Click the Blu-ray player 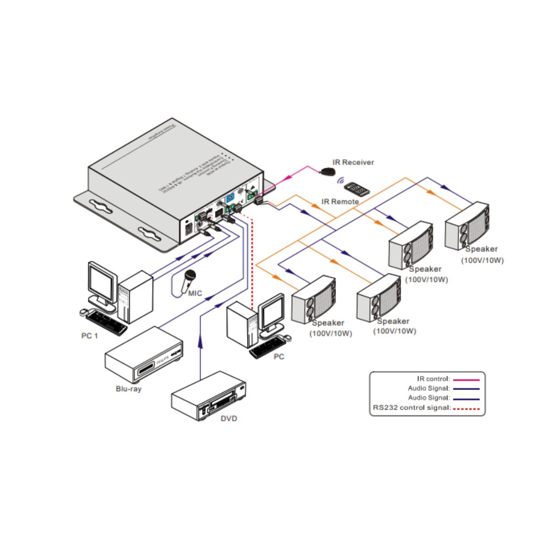[x=144, y=354]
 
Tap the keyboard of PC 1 [x=106, y=322]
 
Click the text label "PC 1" [x=89, y=336]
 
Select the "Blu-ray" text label [x=128, y=389]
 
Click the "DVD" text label [x=229, y=419]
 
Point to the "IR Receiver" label [x=353, y=162]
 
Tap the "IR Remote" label [x=340, y=202]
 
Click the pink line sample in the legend [x=466, y=379]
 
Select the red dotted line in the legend [x=466, y=408]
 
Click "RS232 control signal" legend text [x=411, y=408]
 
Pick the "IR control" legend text [x=433, y=379]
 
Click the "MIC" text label [x=195, y=294]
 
